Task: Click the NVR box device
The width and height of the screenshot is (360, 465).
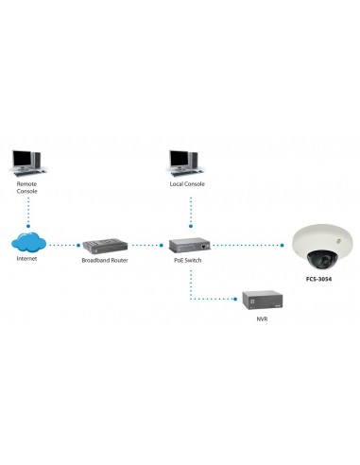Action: click(x=259, y=300)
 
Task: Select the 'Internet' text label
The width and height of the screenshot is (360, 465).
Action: click(x=28, y=259)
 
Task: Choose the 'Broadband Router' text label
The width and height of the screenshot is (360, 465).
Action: click(x=105, y=259)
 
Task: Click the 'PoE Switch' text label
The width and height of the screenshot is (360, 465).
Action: click(x=189, y=259)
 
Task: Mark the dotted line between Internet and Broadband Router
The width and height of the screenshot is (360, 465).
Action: click(x=64, y=245)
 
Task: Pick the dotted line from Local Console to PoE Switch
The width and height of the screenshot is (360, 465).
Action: click(x=189, y=210)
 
